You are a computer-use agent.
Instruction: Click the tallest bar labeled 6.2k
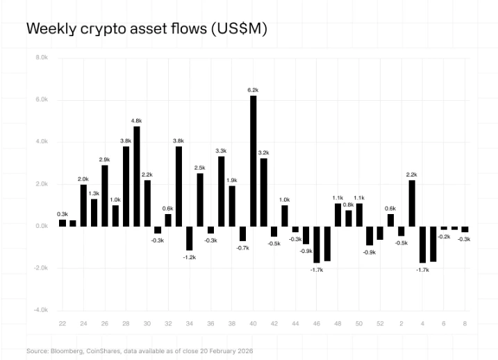(x=253, y=161)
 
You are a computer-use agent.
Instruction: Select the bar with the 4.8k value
(x=137, y=176)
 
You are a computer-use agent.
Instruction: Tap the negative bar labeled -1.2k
(x=189, y=238)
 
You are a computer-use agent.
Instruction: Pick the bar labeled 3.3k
(x=221, y=191)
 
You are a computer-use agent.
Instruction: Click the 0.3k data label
(x=63, y=213)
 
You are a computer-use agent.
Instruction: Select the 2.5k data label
(x=200, y=167)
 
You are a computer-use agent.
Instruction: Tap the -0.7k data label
(x=242, y=247)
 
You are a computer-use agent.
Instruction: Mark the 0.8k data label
(x=349, y=204)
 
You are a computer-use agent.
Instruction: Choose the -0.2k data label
(x=444, y=236)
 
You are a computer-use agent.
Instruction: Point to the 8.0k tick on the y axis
(x=41, y=58)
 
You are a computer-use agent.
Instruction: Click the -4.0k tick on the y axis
(x=41, y=310)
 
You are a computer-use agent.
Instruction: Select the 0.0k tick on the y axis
(x=41, y=226)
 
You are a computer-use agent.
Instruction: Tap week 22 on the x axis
(x=63, y=323)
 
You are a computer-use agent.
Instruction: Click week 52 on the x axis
(x=380, y=323)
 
